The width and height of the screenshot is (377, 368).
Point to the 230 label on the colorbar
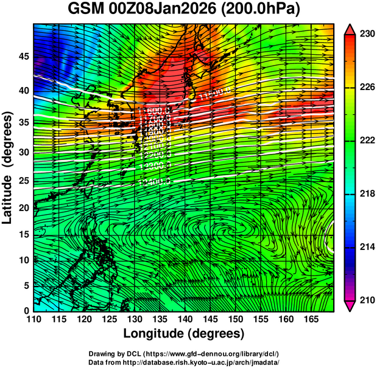[366, 35]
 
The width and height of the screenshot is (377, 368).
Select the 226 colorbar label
[366, 88]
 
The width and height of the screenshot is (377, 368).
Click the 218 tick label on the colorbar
[366, 194]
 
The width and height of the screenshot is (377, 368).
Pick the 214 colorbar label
[366, 247]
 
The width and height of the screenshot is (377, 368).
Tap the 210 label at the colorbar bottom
[366, 300]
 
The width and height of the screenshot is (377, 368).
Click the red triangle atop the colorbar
[350, 29]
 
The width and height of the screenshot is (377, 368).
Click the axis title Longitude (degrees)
[184, 333]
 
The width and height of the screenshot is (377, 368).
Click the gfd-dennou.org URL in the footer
[223, 354]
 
